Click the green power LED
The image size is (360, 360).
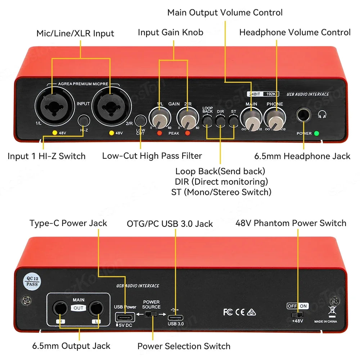point(316,133)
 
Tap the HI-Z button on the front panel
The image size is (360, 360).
point(84,120)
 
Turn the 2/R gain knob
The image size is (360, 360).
point(187,119)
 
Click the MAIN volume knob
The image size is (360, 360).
point(251,119)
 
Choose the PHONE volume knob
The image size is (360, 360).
point(274,119)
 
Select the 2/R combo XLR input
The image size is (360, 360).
point(109,105)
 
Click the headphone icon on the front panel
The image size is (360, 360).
point(322,114)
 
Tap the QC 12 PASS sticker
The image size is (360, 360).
point(31,280)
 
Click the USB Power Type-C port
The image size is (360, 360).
point(125,317)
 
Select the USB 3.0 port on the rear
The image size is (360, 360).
point(175,318)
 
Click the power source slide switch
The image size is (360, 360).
point(152,314)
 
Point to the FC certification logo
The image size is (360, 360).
point(228,312)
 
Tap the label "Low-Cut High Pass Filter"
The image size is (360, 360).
point(152,156)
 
